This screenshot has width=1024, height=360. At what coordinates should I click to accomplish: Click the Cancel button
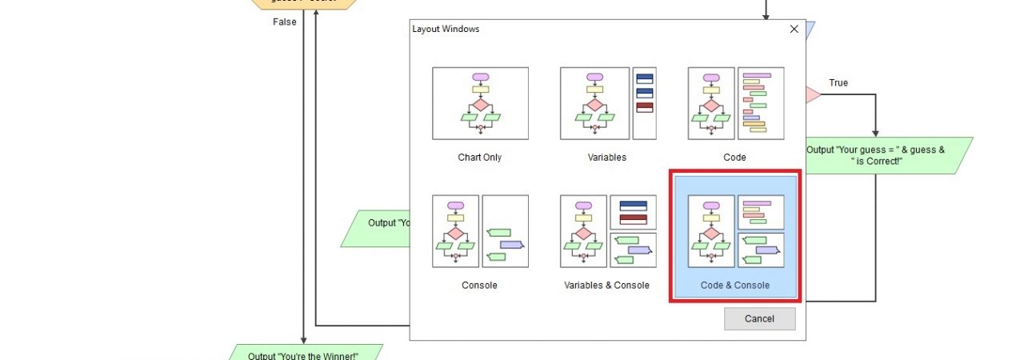(759, 318)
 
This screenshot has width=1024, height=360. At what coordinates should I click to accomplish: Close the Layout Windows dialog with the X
(794, 29)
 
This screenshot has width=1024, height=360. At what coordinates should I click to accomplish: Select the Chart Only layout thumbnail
(480, 103)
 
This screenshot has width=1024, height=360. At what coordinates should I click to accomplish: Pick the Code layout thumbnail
(735, 103)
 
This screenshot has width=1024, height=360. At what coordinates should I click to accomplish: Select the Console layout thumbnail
(480, 231)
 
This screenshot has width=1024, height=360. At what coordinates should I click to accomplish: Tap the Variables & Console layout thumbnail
(607, 231)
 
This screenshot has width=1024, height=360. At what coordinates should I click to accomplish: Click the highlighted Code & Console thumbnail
(735, 231)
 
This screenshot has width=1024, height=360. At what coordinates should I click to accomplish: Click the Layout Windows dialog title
(446, 29)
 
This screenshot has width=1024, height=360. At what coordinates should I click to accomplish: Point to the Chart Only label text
(480, 158)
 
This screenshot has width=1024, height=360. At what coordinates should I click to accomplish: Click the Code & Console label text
(735, 286)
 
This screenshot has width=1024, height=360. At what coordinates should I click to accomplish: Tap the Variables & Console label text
(606, 286)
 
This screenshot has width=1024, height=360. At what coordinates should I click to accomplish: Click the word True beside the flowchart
(838, 83)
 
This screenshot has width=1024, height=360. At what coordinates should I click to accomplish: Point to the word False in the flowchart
(284, 22)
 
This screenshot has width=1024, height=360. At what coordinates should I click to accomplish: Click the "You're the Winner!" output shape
(303, 354)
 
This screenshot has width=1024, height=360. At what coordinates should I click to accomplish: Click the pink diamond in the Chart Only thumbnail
(480, 105)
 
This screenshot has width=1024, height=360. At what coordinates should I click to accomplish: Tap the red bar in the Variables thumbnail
(644, 106)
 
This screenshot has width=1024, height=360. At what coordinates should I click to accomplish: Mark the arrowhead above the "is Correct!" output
(875, 133)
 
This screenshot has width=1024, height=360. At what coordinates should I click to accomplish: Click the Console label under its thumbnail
(480, 286)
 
